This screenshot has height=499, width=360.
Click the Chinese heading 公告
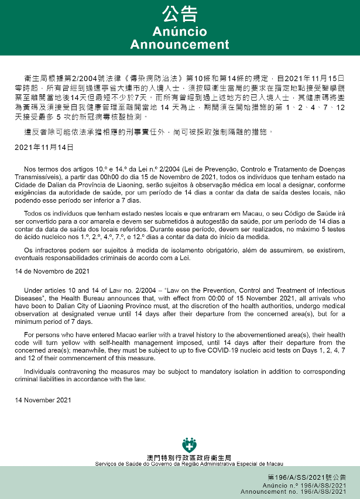(x=180, y=14)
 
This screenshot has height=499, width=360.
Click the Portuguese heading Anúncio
(x=180, y=31)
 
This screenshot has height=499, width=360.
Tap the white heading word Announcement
(x=180, y=45)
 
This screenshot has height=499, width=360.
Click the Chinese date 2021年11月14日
(x=44, y=147)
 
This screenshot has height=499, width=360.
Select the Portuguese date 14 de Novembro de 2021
(x=52, y=271)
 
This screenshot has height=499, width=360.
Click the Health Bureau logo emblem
(x=189, y=445)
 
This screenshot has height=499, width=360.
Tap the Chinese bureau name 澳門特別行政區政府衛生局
(x=189, y=457)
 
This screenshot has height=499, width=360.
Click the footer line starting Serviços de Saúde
(x=189, y=463)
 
